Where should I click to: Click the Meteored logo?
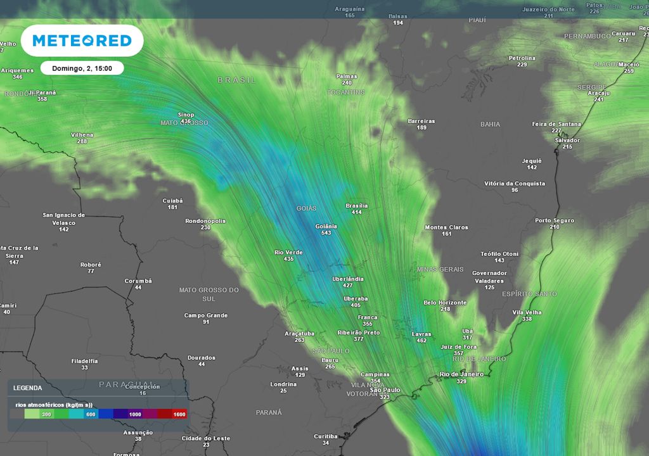[x=82, y=41]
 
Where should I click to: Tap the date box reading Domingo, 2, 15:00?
[x=82, y=68]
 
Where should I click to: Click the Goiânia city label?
[x=326, y=226]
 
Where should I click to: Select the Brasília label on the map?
[x=357, y=206]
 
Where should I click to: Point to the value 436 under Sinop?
[x=186, y=121]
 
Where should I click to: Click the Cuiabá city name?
[x=172, y=201]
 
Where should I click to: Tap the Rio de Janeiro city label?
[x=461, y=374]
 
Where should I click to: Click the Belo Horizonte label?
[x=445, y=303]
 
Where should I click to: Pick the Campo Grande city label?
[x=206, y=315]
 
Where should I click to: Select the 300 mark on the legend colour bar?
[x=46, y=414]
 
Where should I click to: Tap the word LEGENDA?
[x=28, y=388]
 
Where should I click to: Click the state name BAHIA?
[x=490, y=125]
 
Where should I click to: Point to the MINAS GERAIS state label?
[x=440, y=269]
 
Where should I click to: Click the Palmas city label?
[x=347, y=76]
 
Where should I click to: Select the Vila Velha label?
[x=527, y=312]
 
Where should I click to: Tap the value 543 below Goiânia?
[x=326, y=233]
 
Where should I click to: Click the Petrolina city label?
[x=522, y=58]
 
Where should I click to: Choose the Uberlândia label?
[x=348, y=279]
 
